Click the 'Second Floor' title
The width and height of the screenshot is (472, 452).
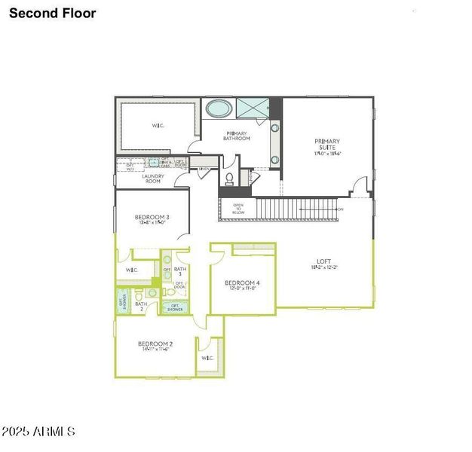click(x=53, y=13)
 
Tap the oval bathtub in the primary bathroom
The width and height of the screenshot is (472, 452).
click(x=219, y=108)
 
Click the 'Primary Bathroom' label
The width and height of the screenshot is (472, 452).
click(x=237, y=136)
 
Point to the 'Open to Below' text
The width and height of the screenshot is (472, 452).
click(x=238, y=209)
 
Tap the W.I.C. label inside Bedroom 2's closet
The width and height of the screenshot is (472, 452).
click(x=207, y=358)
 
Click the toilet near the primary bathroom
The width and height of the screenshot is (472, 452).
click(x=228, y=179)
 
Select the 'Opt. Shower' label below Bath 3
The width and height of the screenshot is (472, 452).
click(x=174, y=307)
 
